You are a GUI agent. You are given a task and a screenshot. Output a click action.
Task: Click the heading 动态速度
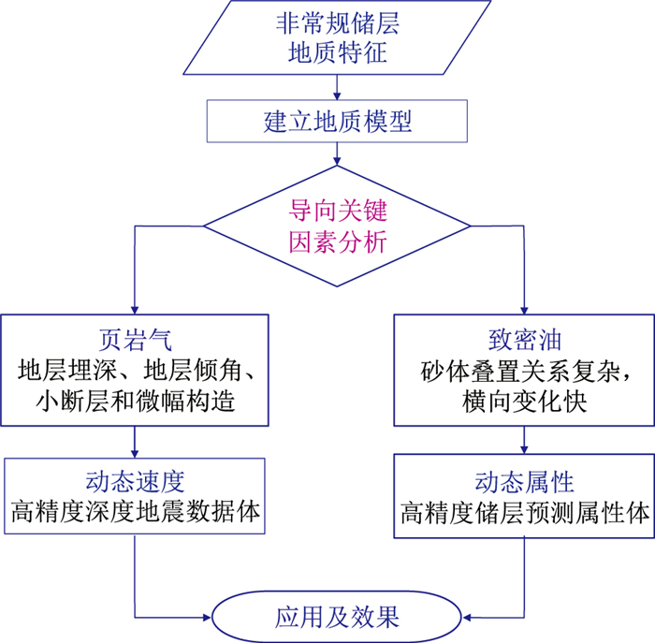coord(137,480)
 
